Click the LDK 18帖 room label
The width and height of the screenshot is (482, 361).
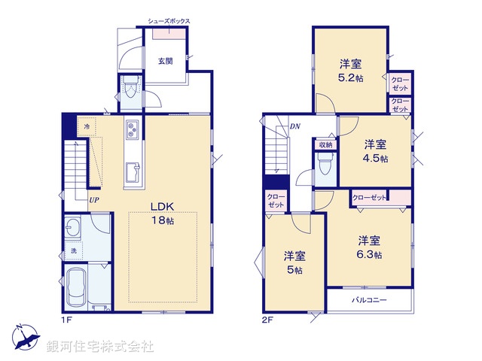click(162, 214)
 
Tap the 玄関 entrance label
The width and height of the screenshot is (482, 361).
click(166, 61)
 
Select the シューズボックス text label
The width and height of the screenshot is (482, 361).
click(169, 21)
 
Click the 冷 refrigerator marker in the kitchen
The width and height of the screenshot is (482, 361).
click(87, 126)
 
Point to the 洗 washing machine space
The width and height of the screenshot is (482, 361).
click(74, 250)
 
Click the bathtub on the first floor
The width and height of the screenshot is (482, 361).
click(76, 287)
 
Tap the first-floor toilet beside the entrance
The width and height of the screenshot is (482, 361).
click(130, 87)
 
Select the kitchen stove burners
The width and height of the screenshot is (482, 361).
click(133, 130)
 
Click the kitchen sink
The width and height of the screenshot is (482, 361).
click(133, 172)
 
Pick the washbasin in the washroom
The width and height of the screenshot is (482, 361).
click(72, 227)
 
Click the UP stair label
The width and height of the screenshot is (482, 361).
click(94, 200)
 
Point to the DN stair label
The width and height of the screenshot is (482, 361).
click(294, 126)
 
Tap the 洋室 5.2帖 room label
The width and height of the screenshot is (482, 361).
click(351, 71)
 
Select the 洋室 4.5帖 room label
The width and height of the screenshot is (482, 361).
click(375, 151)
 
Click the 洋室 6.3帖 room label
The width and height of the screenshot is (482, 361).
click(369, 247)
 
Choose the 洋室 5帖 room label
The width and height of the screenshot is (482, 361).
click(294, 262)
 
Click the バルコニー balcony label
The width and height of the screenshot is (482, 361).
click(369, 300)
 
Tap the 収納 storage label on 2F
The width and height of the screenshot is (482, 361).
click(325, 144)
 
